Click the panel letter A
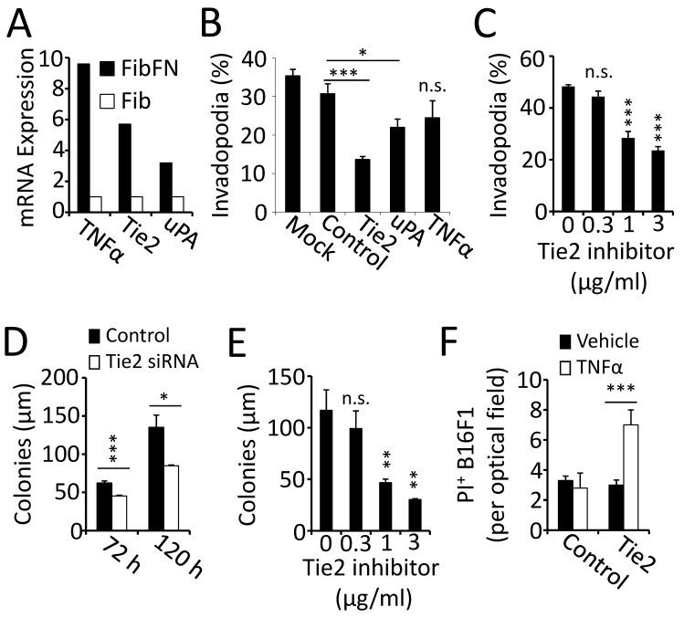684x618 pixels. tap(19, 20)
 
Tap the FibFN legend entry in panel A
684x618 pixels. tap(166, 45)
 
